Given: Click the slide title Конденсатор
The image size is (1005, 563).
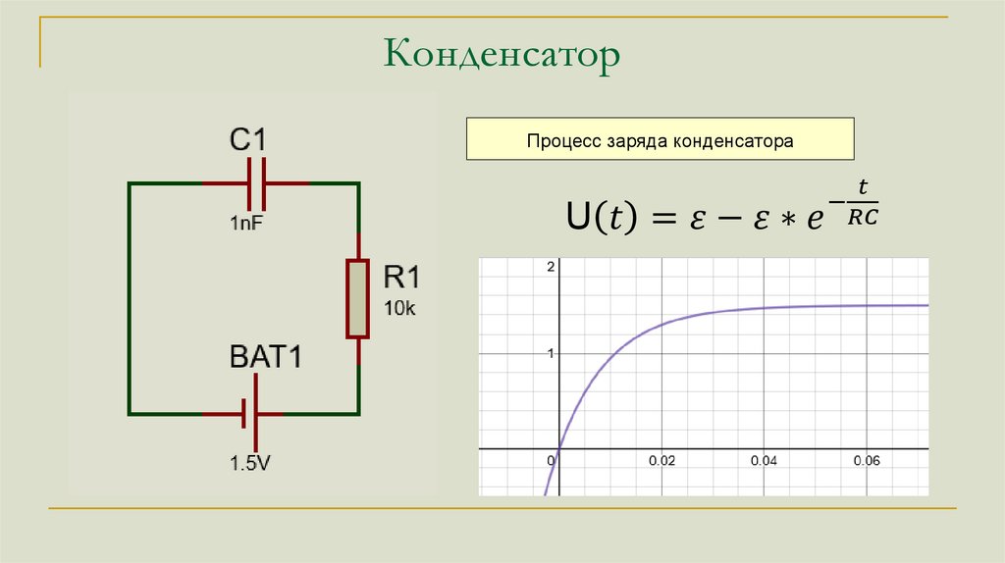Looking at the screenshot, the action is (x=502, y=55).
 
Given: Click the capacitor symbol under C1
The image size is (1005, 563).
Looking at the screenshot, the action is (x=256, y=182).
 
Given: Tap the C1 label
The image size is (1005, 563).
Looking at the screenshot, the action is (x=247, y=139).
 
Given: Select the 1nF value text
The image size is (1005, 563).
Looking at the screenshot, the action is (x=247, y=224).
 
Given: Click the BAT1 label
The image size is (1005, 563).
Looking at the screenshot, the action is (x=266, y=357).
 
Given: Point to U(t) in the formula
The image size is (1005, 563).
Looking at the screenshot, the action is (x=600, y=217).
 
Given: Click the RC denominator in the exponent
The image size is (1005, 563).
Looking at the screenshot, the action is (x=862, y=219).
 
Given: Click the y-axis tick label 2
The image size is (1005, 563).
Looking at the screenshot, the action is (x=551, y=268).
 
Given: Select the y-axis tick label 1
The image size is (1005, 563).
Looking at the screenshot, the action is (x=551, y=353).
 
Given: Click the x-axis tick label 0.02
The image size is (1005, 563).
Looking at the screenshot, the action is (x=662, y=460).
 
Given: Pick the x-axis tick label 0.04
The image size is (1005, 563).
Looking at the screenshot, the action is (x=765, y=460).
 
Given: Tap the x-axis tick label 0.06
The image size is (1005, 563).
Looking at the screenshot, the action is (x=867, y=460).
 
